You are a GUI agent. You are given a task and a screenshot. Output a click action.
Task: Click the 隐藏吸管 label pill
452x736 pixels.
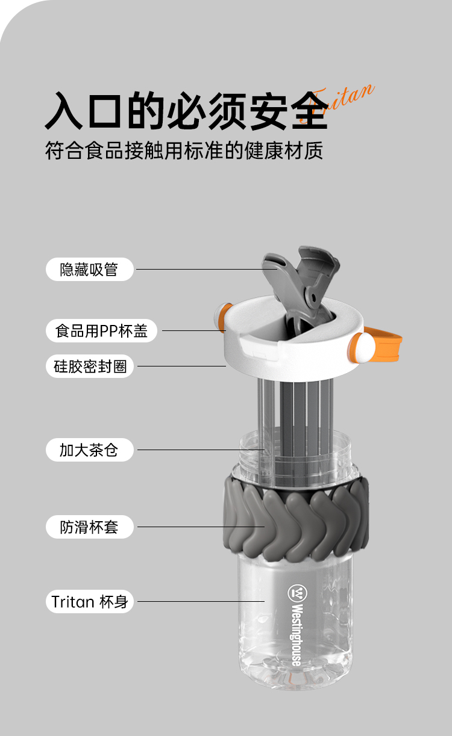pos(89,269)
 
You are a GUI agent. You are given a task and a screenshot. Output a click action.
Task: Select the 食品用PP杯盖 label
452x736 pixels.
pos(101,330)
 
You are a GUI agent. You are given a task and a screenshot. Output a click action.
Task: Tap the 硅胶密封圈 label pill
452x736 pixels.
pos(89,366)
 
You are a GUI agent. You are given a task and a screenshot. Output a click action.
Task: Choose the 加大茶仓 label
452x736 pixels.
pos(89,450)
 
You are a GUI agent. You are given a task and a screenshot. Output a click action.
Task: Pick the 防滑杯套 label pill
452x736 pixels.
pos(89,527)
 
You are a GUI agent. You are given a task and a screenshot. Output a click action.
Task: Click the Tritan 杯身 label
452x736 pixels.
pos(89,602)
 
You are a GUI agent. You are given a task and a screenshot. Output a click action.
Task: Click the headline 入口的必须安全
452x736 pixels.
pos(186,110)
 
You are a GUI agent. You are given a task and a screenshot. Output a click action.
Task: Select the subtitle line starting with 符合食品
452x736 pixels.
pos(184,150)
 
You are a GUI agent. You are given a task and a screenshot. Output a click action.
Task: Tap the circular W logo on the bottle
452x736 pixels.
pos(298,593)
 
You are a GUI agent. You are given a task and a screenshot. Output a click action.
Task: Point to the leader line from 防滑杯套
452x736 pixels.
pos(201,527)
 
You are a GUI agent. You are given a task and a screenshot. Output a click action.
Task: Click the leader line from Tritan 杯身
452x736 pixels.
pos(201,602)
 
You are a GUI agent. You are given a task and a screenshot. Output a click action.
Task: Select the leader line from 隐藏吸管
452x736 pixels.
pos(207,269)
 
